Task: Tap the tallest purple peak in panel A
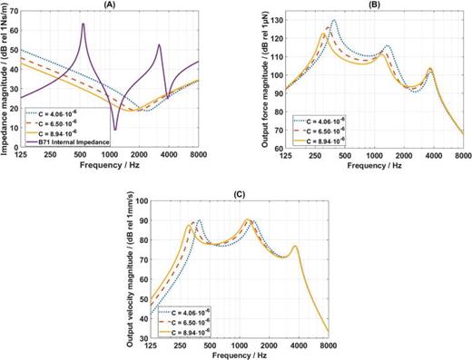[84, 24]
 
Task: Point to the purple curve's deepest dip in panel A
[114, 130]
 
